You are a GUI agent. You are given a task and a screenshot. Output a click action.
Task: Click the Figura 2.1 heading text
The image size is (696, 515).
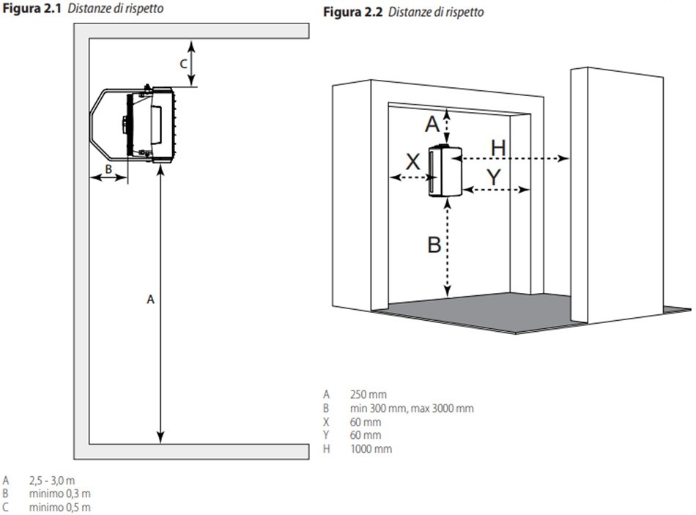83,9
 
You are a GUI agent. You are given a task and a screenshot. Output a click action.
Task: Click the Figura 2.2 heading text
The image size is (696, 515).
404,12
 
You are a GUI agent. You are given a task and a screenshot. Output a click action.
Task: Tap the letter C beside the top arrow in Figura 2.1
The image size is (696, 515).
183,64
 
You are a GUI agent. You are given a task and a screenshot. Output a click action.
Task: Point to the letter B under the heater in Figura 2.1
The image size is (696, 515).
108,169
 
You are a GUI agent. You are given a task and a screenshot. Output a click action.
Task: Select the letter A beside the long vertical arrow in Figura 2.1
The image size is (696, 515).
150,300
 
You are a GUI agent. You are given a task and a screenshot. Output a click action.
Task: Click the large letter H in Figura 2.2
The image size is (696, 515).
498,148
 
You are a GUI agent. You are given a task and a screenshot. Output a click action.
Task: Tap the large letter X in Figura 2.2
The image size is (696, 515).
413,162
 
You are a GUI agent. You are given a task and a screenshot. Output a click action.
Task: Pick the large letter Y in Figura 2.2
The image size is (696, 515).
494,177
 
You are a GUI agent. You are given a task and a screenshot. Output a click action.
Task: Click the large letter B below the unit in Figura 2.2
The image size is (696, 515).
434,245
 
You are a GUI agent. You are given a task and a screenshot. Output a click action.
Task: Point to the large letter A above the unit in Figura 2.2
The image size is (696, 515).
432,124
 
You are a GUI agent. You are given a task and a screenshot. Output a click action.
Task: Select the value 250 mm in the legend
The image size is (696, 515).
368,394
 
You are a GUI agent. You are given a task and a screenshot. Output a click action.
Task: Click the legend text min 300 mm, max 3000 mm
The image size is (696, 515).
412,408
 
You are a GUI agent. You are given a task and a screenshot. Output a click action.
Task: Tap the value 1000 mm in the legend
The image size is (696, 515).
371,449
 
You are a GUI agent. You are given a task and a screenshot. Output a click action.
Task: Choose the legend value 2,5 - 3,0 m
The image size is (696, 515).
52,481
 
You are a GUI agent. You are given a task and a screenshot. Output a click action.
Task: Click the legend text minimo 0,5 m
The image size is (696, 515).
60,507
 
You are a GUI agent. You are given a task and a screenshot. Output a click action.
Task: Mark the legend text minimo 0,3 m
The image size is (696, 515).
60,493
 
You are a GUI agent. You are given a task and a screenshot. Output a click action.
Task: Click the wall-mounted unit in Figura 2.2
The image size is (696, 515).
445,171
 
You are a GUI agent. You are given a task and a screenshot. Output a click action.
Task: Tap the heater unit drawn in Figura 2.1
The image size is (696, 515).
133,125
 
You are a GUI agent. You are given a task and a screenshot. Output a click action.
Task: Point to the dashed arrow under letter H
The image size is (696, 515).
511,158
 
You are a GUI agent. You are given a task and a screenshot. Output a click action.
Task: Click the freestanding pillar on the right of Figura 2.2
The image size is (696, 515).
617,196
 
